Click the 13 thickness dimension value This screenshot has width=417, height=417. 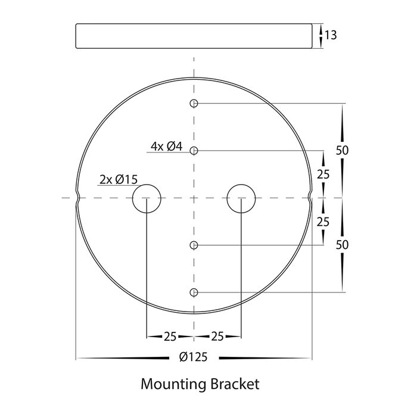coord(331,35)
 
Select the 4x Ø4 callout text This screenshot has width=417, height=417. coord(166,147)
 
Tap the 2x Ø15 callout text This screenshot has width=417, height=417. coord(119,180)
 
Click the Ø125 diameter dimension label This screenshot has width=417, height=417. coord(194,357)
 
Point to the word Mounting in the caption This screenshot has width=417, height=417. coord(173,385)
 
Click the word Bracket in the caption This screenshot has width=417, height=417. coord(235,384)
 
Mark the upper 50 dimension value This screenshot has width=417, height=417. coord(342,151)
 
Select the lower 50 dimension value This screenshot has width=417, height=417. coord(342,245)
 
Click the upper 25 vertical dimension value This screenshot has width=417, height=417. coord(323,175)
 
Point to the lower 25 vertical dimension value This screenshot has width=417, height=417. coord(323,222)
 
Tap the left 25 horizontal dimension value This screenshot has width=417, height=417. coord(170,337)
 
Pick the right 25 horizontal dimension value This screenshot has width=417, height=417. coord(217,337)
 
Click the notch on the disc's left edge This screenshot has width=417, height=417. coord(77,198)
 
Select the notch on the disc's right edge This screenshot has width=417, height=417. coord(310,198)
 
